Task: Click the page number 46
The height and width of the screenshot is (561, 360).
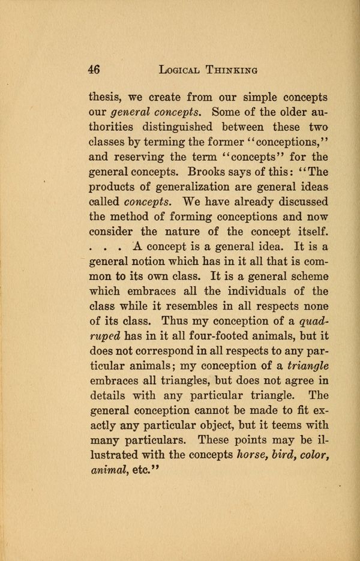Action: point(93,70)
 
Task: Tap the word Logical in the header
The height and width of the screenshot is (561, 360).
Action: point(183,70)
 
